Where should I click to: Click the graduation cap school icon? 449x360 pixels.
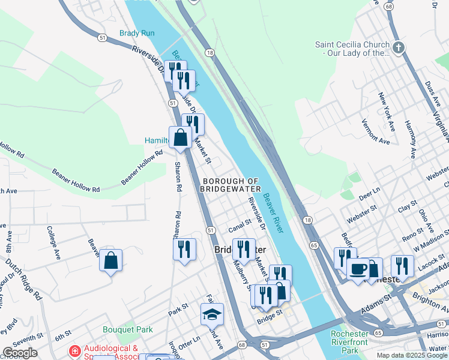point(212,314)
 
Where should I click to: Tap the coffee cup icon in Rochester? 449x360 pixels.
point(358,269)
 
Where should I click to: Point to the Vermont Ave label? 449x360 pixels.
point(375,131)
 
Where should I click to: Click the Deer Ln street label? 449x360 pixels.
point(370,193)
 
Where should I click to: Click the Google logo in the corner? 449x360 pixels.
point(20,352)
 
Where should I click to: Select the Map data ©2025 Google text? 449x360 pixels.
point(412,355)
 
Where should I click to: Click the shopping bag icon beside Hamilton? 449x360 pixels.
point(180,137)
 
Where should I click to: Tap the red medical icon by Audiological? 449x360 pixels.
point(76,351)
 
